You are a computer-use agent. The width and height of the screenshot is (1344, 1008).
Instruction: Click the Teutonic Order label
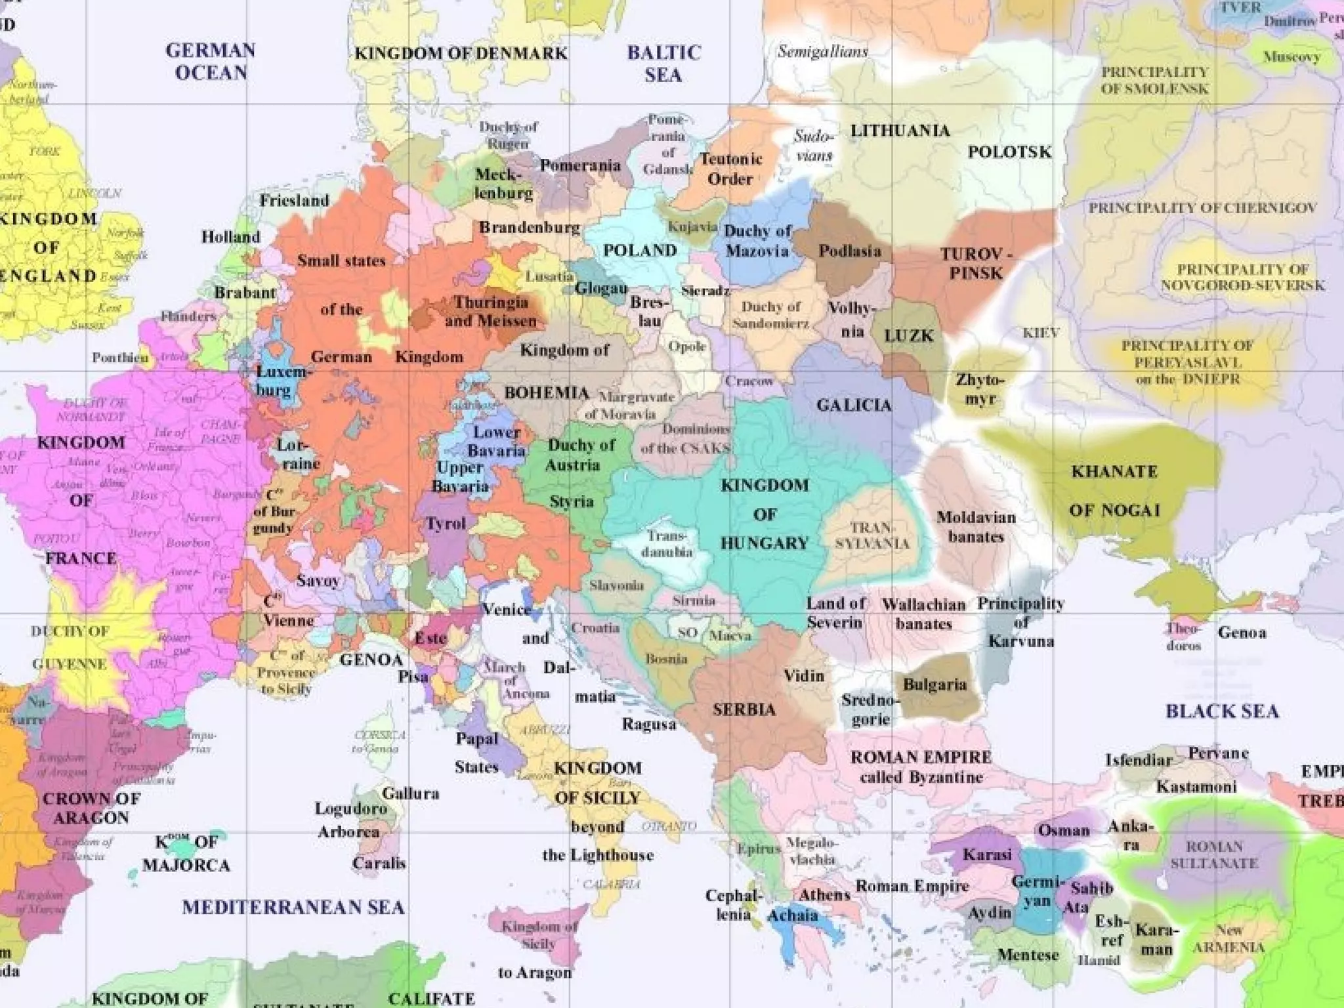(730, 169)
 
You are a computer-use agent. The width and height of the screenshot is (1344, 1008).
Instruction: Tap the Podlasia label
(849, 251)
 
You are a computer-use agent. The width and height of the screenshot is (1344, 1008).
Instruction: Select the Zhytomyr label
(980, 388)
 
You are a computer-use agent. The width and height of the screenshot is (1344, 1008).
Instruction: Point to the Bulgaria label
(934, 685)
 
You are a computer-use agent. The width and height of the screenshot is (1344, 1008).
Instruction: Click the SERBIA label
(744, 709)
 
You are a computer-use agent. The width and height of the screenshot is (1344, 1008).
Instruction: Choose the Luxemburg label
(281, 381)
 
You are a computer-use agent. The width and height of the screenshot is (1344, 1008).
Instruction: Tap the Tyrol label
(446, 524)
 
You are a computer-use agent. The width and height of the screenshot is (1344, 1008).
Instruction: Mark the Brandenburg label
(529, 228)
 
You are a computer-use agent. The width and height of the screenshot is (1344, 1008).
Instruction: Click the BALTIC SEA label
(663, 64)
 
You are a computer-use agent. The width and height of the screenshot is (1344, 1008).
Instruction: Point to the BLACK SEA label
(1222, 711)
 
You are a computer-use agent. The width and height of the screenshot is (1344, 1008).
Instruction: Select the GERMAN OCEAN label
(211, 61)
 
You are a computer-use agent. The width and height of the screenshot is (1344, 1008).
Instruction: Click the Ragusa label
(649, 724)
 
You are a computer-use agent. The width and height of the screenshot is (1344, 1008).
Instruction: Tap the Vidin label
(804, 675)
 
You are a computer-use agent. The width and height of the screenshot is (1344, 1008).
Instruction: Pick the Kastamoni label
(1196, 786)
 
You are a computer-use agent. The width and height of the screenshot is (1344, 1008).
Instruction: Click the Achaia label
(793, 915)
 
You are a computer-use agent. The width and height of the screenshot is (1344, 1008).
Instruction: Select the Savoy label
(318, 581)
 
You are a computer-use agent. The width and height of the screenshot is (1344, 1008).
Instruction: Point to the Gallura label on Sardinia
(411, 793)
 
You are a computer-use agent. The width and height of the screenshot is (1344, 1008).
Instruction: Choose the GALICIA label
(854, 406)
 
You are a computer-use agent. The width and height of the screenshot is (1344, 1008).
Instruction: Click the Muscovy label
(1291, 57)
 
